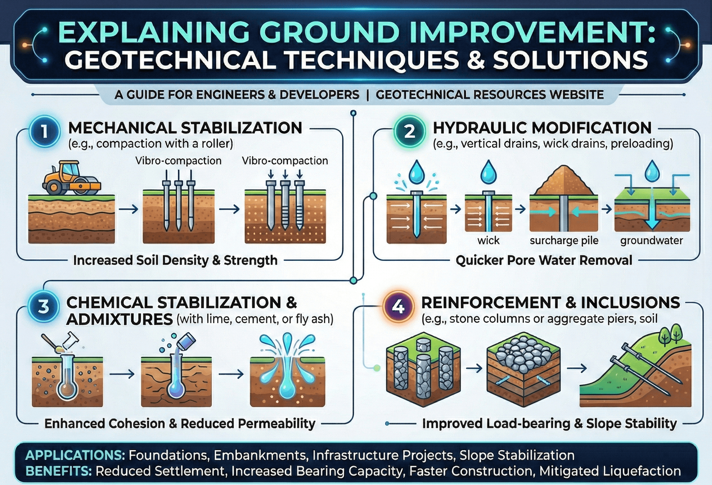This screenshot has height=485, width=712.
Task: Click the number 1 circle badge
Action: tap(44, 131)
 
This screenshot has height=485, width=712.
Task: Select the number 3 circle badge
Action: tap(43, 307)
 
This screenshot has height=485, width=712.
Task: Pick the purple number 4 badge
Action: tap(398, 307)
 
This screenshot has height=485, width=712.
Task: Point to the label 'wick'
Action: tap(488, 240)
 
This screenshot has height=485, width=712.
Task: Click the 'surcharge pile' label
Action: tap(564, 240)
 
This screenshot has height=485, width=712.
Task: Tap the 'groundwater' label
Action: tap(651, 240)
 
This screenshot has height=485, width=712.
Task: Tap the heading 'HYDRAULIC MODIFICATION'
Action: tap(542, 128)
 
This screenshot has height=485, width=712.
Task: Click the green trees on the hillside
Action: tap(671, 334)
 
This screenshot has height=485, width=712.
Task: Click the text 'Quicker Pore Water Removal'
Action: tap(544, 260)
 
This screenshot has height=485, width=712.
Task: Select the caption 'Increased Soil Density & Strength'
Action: tap(175, 260)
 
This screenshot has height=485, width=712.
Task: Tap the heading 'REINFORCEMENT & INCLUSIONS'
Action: tap(550, 303)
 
